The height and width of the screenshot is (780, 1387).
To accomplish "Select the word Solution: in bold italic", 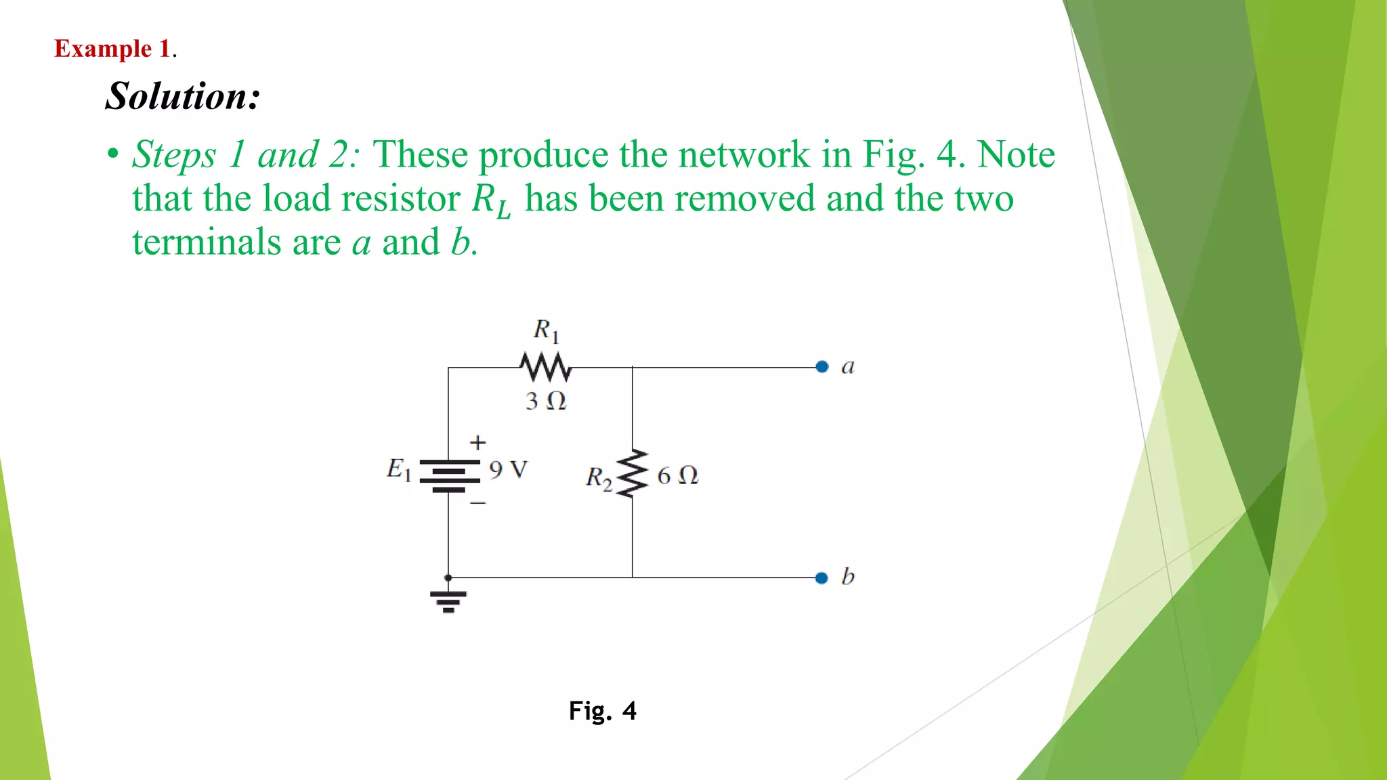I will point(183,95).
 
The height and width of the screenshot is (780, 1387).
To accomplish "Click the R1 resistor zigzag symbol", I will point(546,367).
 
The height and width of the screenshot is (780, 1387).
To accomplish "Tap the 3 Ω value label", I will point(546,401).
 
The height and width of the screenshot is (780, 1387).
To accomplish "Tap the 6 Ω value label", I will point(677,475).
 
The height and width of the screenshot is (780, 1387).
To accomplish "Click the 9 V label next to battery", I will point(508,469).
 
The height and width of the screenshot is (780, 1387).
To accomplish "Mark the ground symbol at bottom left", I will point(448,600).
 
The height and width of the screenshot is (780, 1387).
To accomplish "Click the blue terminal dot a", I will point(822,367).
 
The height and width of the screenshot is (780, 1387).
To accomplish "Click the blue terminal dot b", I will point(821,578).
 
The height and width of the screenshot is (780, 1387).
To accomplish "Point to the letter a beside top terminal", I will point(848,367).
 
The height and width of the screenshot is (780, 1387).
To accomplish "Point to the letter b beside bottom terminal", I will point(848,576).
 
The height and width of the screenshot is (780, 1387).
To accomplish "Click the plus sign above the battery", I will point(478,443).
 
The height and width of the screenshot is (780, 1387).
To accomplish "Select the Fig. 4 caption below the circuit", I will point(602,711).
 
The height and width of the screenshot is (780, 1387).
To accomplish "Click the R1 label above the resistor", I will point(546,330).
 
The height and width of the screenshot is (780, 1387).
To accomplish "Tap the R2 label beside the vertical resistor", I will point(599,478).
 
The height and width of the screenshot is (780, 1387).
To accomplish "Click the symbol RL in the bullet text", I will point(491,200).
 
